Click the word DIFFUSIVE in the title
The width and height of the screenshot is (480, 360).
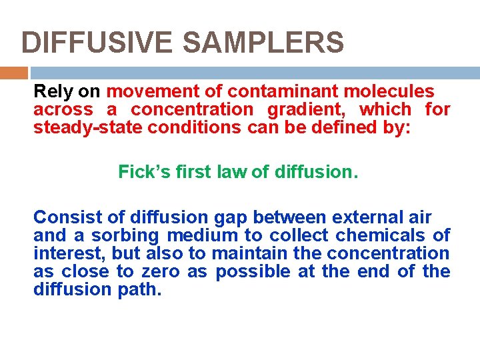(97, 43)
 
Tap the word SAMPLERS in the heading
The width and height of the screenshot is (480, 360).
(263, 43)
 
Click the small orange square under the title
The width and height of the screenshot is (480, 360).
(14, 73)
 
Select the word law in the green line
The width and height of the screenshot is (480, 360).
(233, 172)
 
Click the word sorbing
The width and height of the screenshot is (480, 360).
(131, 235)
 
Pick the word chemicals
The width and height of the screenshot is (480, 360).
(381, 235)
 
